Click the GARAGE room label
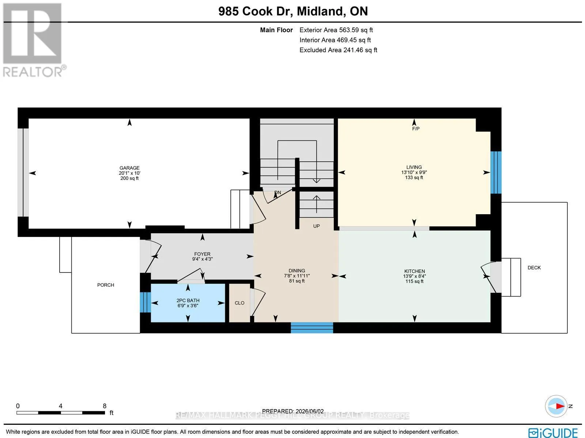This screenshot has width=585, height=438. (x=129, y=168)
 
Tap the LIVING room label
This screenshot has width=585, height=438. (x=414, y=167)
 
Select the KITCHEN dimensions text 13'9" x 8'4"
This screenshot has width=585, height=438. (x=414, y=276)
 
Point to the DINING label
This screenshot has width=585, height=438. (x=297, y=271)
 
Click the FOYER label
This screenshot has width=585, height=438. (x=202, y=254)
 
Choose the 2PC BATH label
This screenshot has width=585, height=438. (x=188, y=301)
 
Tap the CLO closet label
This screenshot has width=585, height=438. (x=239, y=303)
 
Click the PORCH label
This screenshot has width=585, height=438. (x=106, y=285)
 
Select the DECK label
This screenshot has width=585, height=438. (x=534, y=268)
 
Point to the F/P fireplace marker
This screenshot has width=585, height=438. (x=416, y=129)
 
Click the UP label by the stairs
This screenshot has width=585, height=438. (x=316, y=226)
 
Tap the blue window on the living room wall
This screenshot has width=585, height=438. (x=496, y=172)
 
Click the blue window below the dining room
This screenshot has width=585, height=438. (x=312, y=328)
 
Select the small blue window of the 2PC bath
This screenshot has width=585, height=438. (x=145, y=302)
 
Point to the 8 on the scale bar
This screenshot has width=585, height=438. (x=105, y=406)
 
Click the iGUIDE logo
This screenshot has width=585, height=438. (x=553, y=432)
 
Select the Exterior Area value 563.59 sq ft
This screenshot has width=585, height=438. (x=356, y=30)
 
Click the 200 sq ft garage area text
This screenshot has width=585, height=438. (x=129, y=178)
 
